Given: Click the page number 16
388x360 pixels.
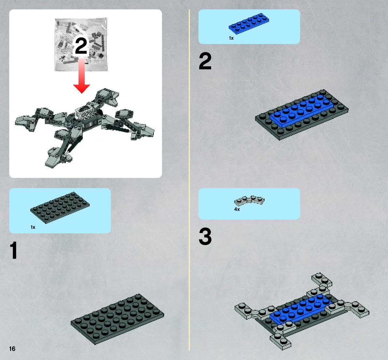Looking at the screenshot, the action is click(12, 349).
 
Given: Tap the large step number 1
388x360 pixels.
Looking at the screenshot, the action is click(14, 250).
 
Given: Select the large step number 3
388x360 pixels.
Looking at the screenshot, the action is click(205, 236).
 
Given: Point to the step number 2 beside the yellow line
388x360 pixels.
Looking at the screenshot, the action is click(205, 61).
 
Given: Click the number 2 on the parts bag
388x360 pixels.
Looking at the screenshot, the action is click(81, 46).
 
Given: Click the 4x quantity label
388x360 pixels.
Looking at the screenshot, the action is click(237, 209).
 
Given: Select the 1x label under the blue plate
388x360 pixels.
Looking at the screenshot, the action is click(231, 38).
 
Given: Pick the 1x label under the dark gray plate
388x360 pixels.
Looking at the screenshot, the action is click(33, 227).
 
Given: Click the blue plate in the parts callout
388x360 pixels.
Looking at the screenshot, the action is click(249, 23).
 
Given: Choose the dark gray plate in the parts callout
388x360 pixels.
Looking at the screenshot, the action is click(60, 207).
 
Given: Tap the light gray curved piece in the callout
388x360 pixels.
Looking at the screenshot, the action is click(250, 201).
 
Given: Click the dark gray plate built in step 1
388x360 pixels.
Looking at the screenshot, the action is click(117, 319).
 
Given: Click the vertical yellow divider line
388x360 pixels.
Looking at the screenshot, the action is click(190, 180).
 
